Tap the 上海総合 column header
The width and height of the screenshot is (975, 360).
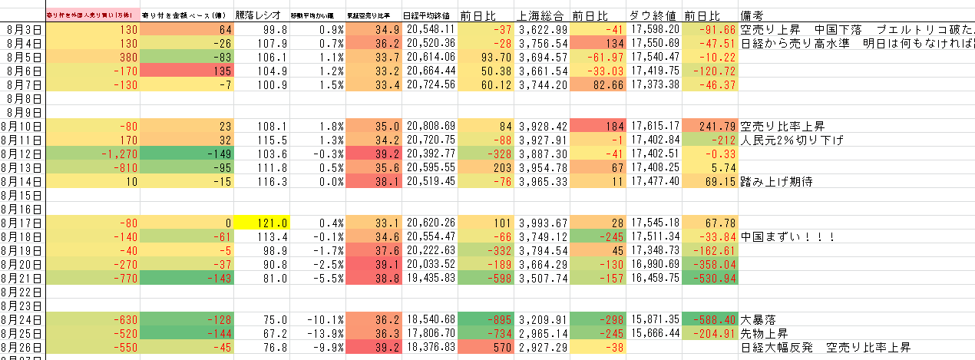(x=542, y=15)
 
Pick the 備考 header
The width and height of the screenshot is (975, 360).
(x=755, y=15)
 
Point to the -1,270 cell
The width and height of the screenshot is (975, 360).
(x=93, y=154)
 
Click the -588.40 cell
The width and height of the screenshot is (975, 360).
(x=709, y=319)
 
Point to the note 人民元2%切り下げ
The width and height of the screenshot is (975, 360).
(x=791, y=140)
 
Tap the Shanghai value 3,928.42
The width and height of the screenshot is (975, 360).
(x=542, y=126)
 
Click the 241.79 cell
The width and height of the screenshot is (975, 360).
(x=709, y=126)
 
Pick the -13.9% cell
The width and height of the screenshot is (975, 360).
(x=318, y=333)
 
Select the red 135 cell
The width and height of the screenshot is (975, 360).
(x=188, y=71)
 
